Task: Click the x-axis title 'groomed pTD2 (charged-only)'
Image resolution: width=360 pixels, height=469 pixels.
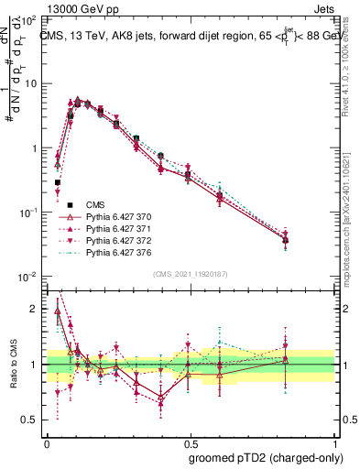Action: pos(266,458)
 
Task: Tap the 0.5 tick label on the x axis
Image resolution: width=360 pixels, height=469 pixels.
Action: pos(191,441)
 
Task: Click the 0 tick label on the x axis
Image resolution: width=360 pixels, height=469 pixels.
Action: pos(47,441)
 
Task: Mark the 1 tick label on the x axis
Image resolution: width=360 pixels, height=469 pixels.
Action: pos(334,441)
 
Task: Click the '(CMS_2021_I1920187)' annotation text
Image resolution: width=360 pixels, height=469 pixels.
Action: pos(191,273)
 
